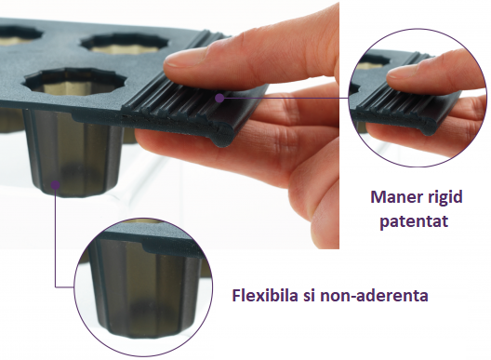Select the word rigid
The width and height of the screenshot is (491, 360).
[445, 198]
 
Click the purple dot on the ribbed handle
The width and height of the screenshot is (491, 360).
[219, 96]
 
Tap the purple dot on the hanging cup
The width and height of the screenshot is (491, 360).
[57, 185]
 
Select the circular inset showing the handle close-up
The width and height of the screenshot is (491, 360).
[418, 93]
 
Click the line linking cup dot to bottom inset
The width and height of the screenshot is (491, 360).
[57, 242]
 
